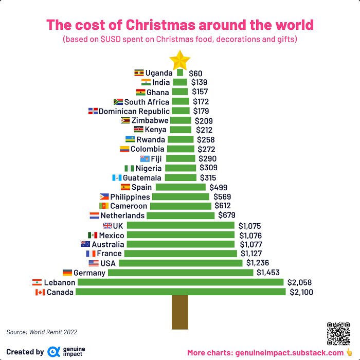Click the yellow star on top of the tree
coord(180,60)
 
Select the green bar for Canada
coord(181,292)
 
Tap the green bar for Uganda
coord(180,73)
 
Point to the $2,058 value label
coord(299,282)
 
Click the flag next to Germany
coord(67,273)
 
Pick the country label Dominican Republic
coord(134,111)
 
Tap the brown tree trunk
coord(180,312)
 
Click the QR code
coord(338,333)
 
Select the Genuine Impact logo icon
coord(53,352)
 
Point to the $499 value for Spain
coord(218,187)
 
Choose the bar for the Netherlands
coord(181,215)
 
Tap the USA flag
coord(93,263)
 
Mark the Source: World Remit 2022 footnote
coord(42,332)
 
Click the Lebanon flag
coord(37,282)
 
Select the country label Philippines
coord(130,197)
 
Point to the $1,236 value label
coord(258,263)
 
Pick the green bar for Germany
coord(181,273)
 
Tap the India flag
coord(146,82)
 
